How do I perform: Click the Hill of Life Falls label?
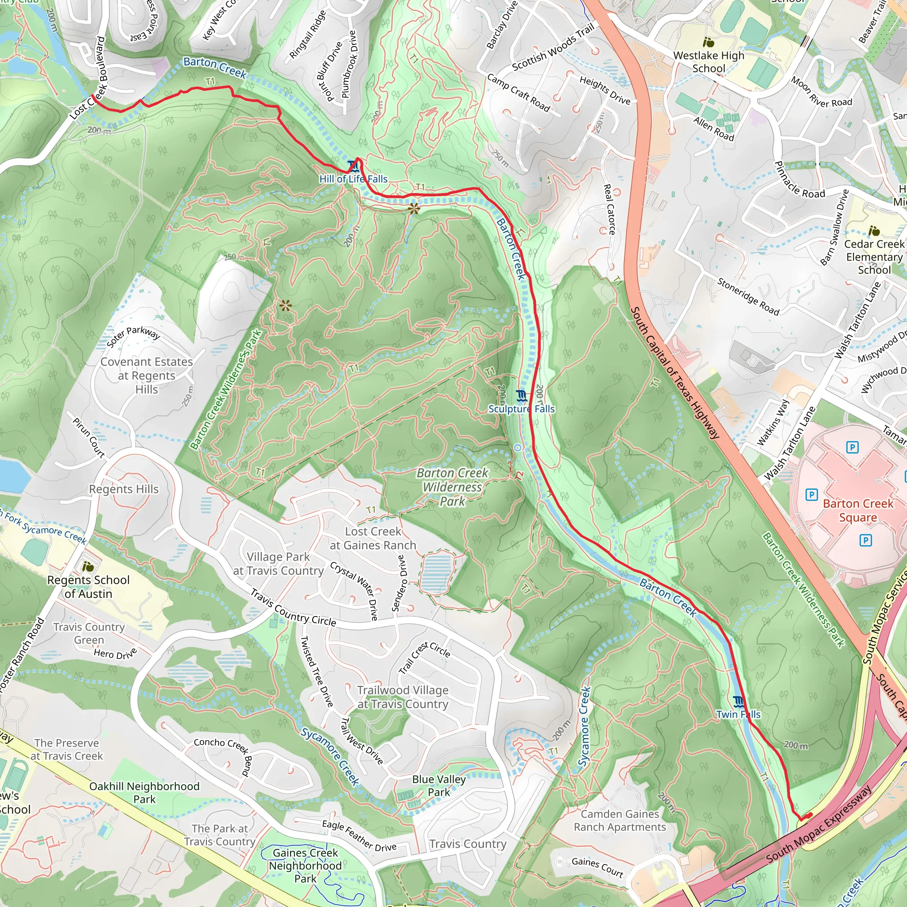[353, 179]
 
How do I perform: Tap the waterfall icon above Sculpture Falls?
[521, 396]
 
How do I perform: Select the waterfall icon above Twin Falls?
[738, 702]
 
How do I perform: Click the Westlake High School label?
[709, 62]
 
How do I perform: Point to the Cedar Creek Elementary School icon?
[874, 231]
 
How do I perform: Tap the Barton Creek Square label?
[858, 510]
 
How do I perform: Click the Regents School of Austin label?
[88, 586]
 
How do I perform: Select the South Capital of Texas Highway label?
[674, 373]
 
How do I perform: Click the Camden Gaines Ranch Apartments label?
[620, 820]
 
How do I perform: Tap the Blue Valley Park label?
[438, 785]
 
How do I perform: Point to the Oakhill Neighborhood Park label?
[144, 792]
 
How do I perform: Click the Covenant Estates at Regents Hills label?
[147, 376]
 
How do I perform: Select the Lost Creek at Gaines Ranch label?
[373, 538]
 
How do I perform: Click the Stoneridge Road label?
[748, 297]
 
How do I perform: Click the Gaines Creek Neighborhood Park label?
[305, 865]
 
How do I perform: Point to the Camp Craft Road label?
[518, 93]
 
